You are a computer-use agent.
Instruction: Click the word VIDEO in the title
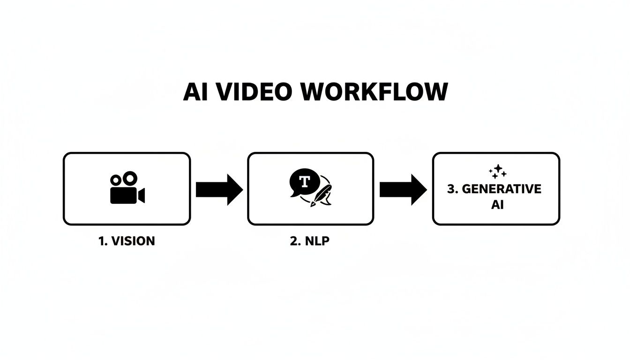(x=256, y=92)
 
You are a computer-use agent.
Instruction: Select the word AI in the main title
(x=196, y=92)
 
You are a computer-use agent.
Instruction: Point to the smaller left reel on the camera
(x=115, y=180)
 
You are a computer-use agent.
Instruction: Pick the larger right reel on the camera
(x=130, y=178)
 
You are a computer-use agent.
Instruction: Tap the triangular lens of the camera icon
(x=141, y=195)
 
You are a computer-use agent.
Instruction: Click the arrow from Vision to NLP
(x=219, y=189)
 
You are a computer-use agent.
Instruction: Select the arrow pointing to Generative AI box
(x=403, y=189)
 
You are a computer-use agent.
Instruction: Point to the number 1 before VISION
(x=101, y=241)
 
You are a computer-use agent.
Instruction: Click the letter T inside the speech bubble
(x=305, y=181)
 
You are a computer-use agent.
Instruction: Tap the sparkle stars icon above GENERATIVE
(x=497, y=172)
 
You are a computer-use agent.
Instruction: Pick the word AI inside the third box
(x=497, y=205)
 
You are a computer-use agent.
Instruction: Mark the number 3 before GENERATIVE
(x=451, y=189)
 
